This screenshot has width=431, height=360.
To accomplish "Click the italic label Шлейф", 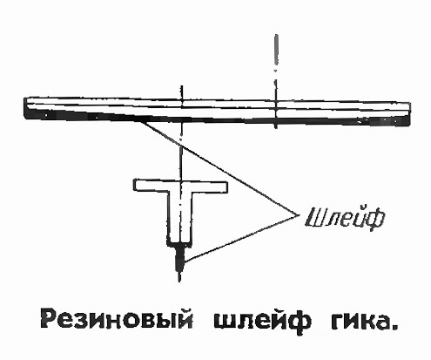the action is point(345,217).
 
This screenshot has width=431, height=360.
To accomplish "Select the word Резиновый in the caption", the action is point(117,319).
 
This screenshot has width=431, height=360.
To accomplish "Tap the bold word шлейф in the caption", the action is point(262,321).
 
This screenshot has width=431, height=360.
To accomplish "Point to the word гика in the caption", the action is point(360,320).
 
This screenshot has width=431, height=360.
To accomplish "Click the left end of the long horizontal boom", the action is point(25,108).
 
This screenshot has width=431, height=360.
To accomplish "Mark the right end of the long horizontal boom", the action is point(409,114).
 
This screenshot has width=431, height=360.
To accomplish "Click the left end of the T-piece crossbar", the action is point(135,186).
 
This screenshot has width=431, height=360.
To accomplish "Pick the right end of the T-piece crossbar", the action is point(226,187).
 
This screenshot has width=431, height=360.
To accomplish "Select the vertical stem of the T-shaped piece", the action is point(180,217).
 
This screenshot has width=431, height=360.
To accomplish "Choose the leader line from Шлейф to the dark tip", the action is point(241,238).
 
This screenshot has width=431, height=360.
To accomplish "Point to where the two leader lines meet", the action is point(298,215).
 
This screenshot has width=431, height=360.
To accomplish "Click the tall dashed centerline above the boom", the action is point(276,81).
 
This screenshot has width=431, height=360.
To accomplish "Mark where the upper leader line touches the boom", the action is point(141,121).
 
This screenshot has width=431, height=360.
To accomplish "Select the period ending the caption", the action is point(394,327).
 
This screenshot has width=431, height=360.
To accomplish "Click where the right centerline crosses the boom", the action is point(276,112).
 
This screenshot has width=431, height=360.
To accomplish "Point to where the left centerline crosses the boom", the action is point(182,110).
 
